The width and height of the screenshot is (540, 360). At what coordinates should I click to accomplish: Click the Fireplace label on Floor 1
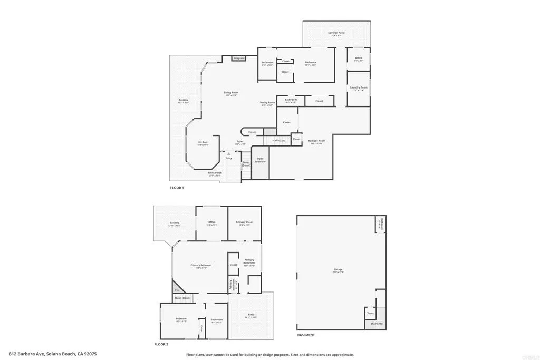(x=239, y=58)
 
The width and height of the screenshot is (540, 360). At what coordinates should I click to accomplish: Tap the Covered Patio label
(x=336, y=33)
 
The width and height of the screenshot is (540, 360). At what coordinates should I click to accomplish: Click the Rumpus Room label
(x=317, y=141)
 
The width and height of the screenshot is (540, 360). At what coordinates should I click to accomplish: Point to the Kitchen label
(x=202, y=142)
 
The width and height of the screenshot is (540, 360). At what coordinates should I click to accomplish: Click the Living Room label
(x=231, y=93)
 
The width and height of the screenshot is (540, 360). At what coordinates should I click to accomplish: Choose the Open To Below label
(x=260, y=160)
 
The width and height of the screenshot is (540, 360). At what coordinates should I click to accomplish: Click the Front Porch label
(x=215, y=173)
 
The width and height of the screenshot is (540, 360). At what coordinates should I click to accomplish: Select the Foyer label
(x=240, y=141)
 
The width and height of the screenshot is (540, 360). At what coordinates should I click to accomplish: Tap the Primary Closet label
(x=245, y=222)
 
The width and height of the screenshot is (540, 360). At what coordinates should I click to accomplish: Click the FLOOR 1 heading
(x=177, y=188)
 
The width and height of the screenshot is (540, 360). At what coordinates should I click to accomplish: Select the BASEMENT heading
(x=306, y=335)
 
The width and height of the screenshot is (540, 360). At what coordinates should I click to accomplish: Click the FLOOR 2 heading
(x=161, y=344)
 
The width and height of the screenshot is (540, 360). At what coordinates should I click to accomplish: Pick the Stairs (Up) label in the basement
(x=377, y=324)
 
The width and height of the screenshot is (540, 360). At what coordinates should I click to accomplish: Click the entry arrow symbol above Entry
(x=228, y=154)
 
